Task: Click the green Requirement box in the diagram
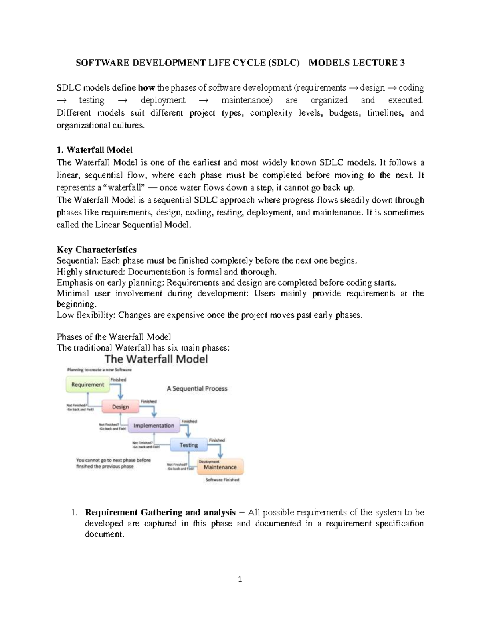(x=87, y=385)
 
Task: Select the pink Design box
(x=120, y=407)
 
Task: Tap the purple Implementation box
(x=154, y=426)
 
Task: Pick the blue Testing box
(x=188, y=445)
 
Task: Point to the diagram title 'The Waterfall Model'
(x=156, y=359)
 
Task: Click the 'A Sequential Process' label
(x=197, y=388)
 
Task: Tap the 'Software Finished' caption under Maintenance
(x=222, y=480)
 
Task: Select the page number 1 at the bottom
(x=240, y=579)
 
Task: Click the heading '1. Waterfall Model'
(x=94, y=150)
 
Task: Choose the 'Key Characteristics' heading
(x=97, y=250)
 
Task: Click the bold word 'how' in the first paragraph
(x=146, y=88)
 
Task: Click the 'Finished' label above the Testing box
(x=189, y=422)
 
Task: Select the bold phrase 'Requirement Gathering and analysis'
(x=160, y=513)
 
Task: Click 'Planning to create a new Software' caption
(x=99, y=370)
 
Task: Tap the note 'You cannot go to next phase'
(x=113, y=461)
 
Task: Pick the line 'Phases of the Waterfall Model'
(x=114, y=337)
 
